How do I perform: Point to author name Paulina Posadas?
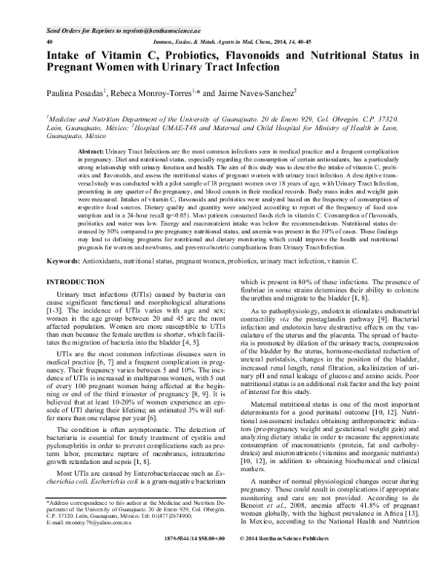point(79,94)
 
